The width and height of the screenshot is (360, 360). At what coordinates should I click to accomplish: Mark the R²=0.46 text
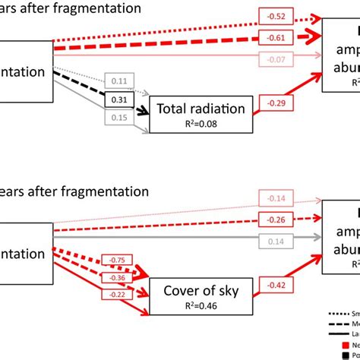coord(199,306)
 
